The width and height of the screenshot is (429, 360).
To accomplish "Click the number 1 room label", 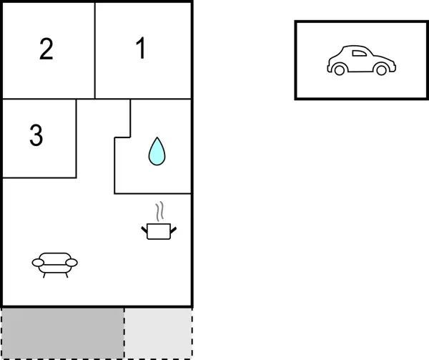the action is coord(141,48).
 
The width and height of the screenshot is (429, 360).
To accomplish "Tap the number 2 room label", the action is coord(46,49).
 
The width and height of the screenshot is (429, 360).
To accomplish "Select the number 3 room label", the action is coord(36,135).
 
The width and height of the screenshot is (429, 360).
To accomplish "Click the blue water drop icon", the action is coord(157,151).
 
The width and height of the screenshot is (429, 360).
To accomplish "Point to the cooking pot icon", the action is coord(159,231).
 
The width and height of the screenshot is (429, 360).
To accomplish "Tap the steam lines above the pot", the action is coord(160,211).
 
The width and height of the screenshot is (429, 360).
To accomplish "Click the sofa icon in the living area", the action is coord(55,265).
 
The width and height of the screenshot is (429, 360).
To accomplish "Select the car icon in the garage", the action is coord(361,60).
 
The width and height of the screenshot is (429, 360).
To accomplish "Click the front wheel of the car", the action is coord(381,70).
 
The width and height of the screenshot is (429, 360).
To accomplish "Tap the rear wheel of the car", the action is coord(339,70).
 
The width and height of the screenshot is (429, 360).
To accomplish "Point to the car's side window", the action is coord(359,54).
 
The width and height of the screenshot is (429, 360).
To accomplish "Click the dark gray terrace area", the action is coord(63,334).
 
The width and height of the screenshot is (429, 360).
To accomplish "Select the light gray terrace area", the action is coord(158,334).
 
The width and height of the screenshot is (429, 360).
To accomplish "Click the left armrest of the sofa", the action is coord(38,263).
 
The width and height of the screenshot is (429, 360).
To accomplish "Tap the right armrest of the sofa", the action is coord(71,263).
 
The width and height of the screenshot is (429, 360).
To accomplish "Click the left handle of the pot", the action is coord(144,230).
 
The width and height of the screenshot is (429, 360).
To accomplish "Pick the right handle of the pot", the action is coord(174,230).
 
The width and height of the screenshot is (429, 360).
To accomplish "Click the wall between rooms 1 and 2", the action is coord(95,50).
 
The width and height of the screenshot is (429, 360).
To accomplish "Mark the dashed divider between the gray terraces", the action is coord(124,334).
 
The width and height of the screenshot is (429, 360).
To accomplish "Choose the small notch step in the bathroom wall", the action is coord(122,137).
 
